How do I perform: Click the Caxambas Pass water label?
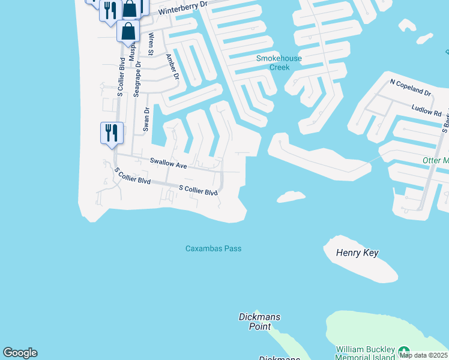pos(213,248)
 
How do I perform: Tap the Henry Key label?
pos(358,253)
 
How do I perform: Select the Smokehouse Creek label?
pos(279,62)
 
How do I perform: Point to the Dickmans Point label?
pos(259,322)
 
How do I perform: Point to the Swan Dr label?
pos(146,119)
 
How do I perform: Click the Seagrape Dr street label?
pos(137,79)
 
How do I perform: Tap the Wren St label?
pos(151,44)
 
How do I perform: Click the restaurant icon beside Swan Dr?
pos(112,132)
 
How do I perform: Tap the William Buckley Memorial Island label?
pos(365,353)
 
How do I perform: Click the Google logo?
pos(20,353)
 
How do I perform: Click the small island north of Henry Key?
pos(291,196)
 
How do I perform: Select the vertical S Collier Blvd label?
pos(121,76)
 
